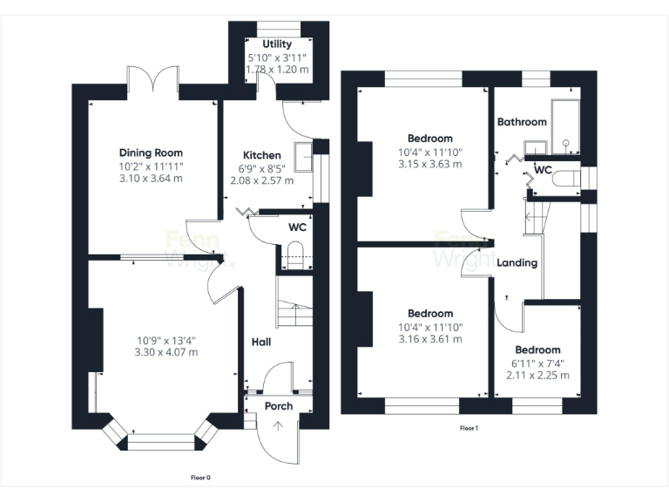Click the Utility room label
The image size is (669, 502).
[277, 44]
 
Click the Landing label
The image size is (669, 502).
[517, 262]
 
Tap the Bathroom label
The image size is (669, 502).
[522, 122]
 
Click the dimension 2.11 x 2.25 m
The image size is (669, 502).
[538, 376]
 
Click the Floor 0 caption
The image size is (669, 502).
[200, 477]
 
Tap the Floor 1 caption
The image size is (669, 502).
[469, 428]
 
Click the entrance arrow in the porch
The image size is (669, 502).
[278, 426]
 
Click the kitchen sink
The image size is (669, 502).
[304, 157]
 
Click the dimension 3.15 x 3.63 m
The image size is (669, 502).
[429, 163]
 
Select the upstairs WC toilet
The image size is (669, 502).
[567, 180]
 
